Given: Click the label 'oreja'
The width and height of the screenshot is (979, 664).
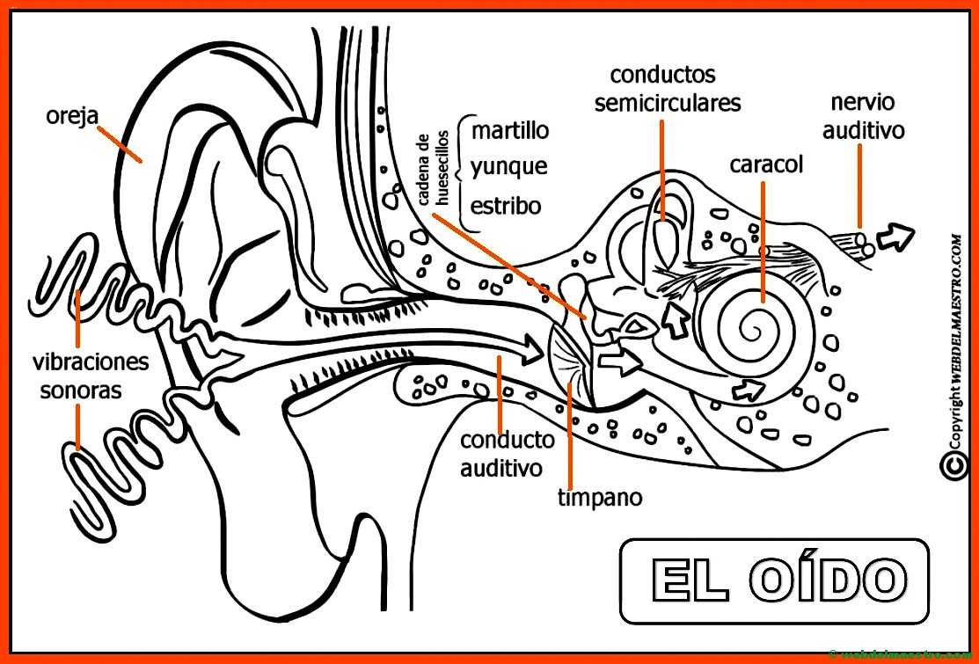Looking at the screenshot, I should pos(72,116).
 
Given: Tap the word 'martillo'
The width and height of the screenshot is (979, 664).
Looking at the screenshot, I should pos(510,131).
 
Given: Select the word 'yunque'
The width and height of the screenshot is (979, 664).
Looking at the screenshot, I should pos(508,167).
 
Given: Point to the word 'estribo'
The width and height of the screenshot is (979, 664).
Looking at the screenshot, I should pos(506,206).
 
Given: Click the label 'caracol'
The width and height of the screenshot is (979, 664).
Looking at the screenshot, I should pos(766,165).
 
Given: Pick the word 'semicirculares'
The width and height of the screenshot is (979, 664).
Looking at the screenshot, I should pos(668,103).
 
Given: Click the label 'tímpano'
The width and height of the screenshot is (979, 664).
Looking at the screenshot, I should pos(600,498).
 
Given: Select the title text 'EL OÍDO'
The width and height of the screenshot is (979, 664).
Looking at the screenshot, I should pos(775,580).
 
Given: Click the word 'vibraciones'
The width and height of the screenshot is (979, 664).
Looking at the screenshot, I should pos(91,361).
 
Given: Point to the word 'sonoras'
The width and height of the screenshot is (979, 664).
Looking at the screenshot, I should pos(80,390).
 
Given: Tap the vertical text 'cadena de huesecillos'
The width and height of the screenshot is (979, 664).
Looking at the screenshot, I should pos(433,169).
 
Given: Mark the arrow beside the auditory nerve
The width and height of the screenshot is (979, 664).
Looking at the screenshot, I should pos(896,235).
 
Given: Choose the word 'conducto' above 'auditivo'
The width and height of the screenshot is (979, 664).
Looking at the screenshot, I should pos(508,440).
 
